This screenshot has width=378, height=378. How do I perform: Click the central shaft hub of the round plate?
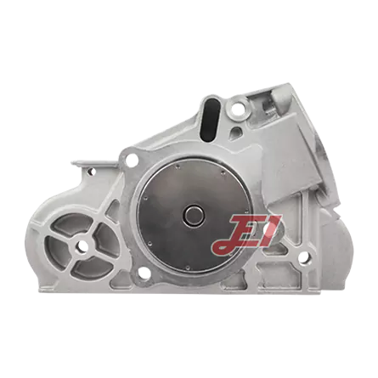[x=194, y=214]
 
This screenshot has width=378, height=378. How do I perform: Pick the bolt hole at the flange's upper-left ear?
[x=132, y=161]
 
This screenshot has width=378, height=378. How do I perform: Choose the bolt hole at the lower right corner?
[x=305, y=257]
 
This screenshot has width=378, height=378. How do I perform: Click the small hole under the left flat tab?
[x=91, y=172]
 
